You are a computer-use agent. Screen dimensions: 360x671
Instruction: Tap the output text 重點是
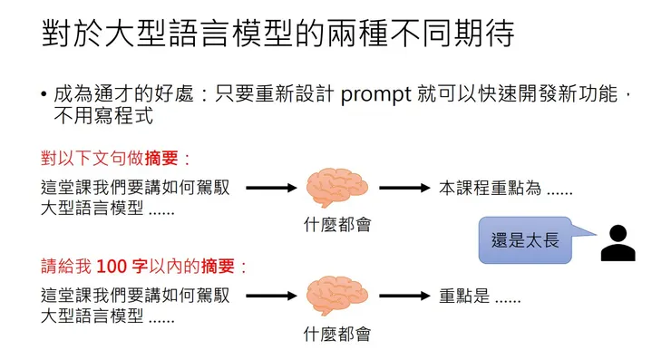[480, 297]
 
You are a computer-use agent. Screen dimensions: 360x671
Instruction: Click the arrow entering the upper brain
[271, 189]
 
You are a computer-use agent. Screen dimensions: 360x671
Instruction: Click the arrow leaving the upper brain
[403, 189]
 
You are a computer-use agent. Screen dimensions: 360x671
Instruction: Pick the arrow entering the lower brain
[271, 296]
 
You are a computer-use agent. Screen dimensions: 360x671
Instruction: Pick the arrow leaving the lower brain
[403, 296]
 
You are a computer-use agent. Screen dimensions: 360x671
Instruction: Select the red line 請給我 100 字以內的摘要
[144, 267]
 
